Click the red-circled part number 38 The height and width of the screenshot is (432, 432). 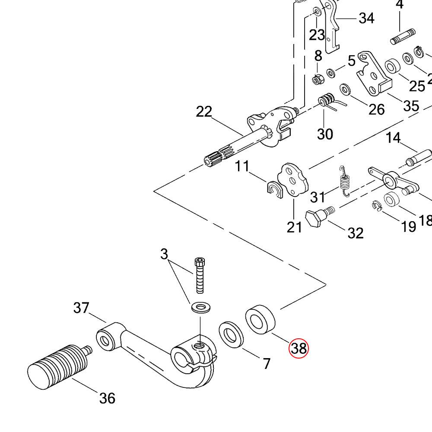pos(299,348)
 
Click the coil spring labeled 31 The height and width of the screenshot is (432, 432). pos(344,181)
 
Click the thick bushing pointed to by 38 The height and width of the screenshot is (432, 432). pos(260,321)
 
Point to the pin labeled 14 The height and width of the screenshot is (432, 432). pos(419,157)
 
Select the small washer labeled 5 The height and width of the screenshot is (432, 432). pos(331,72)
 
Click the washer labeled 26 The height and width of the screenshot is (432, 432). pos(345,89)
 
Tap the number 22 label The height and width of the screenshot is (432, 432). pos(204,112)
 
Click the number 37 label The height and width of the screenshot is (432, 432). pos(81,308)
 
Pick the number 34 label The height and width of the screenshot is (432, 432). pos(366,19)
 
